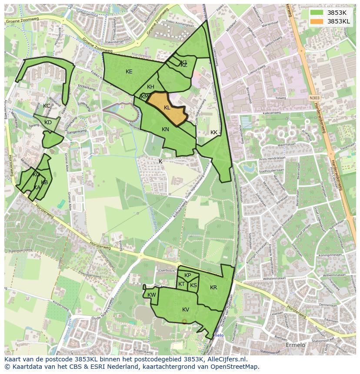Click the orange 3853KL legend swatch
pyautogui.click(x=317, y=21)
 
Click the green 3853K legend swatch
pyautogui.click(x=317, y=13)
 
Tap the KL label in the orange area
pyautogui.click(x=167, y=107)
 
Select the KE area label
pyautogui.click(x=129, y=71)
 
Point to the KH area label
pyautogui.click(x=150, y=87)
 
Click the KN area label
pyautogui.click(x=165, y=129)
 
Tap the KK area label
pyautogui.click(x=213, y=132)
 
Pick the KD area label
pyautogui.click(x=48, y=122)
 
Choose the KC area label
pyautogui.click(x=47, y=106)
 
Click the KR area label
pyautogui.click(x=213, y=288)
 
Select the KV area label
pyautogui.click(x=186, y=309)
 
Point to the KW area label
pyautogui.click(x=151, y=295)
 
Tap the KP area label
pyautogui.click(x=187, y=275)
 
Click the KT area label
pyautogui.click(x=181, y=284)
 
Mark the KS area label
pyautogui.click(x=193, y=285)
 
